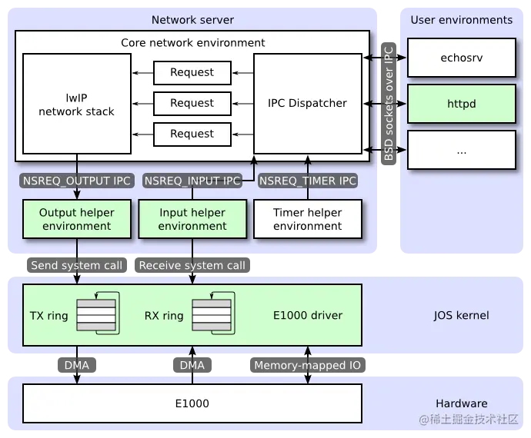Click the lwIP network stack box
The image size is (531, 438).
pos(76,103)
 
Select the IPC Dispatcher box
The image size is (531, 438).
pos(307,103)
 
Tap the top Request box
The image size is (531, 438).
pos(192,73)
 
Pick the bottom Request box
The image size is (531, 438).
pos(192,134)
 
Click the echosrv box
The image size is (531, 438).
pos(461,58)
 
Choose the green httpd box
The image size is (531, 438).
pos(461,104)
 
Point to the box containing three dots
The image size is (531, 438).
pos(461,150)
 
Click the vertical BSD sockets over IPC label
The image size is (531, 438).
pos(389,104)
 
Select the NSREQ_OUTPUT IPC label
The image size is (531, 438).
pos(76,181)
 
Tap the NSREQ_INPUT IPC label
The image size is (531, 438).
pos(192,181)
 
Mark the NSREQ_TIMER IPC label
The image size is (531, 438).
pos(307,181)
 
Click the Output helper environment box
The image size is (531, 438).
pos(76,219)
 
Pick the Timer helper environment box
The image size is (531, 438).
pos(307,219)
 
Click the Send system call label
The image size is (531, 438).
pos(76,266)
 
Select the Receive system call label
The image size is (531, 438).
pos(192,266)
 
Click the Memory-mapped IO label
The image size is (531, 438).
pos(307,366)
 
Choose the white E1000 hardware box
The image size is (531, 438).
pos(192,403)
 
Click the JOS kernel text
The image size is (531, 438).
pos(461,315)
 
